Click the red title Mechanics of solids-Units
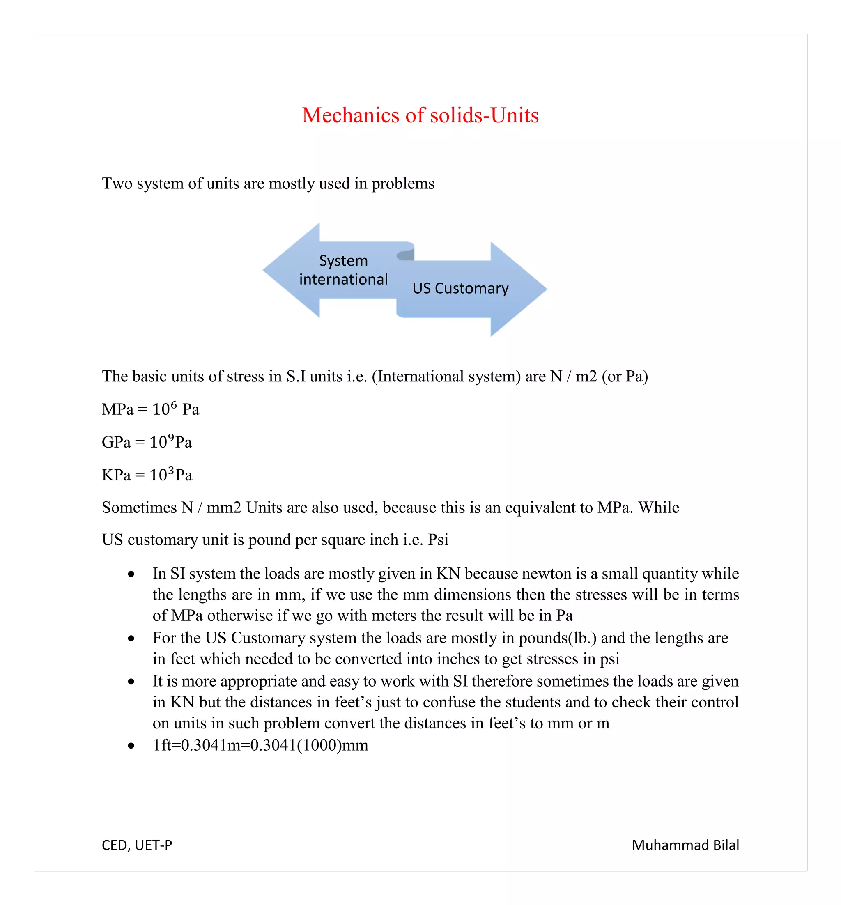coord(420,115)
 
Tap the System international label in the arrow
coord(343,270)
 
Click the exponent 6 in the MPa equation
coord(173,404)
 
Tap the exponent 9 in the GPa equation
coord(171,437)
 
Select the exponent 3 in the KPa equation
coord(171,470)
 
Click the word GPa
coord(116,442)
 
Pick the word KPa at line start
coord(116,475)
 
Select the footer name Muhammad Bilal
coord(685,845)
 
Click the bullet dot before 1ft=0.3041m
coord(131,746)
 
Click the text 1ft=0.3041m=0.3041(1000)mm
coord(260,745)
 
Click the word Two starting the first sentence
coord(117,184)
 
